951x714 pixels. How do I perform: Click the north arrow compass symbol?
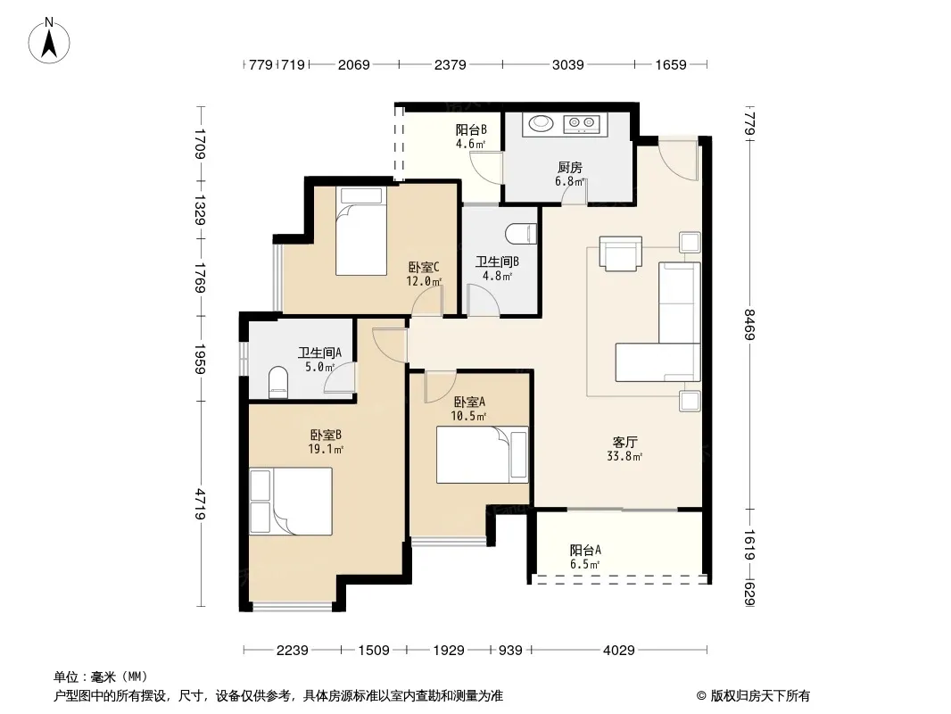[x=49, y=41]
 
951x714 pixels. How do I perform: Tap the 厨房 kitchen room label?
[x=569, y=167]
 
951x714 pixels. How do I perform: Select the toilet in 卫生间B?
[x=522, y=234]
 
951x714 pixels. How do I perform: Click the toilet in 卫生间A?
[x=277, y=382]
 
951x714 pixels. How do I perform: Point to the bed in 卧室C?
[x=361, y=230]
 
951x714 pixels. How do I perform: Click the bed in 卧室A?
[x=482, y=454]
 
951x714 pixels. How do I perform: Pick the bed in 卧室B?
[x=291, y=501]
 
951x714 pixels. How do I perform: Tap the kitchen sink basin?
[x=541, y=123]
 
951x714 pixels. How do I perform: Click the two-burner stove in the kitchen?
[x=581, y=124]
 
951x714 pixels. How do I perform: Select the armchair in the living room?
[x=620, y=253]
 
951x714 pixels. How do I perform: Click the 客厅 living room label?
[x=624, y=442]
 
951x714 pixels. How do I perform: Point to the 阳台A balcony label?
[x=585, y=550]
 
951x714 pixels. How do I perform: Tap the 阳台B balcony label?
[x=471, y=129]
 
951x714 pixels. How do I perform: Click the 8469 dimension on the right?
[x=749, y=325]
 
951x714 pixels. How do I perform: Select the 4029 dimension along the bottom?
[x=618, y=651]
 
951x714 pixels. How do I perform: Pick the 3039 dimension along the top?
[x=567, y=64]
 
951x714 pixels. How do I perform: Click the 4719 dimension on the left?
[x=200, y=505]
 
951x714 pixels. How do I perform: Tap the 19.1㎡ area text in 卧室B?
[x=326, y=450]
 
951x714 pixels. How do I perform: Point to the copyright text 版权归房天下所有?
[x=760, y=696]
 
